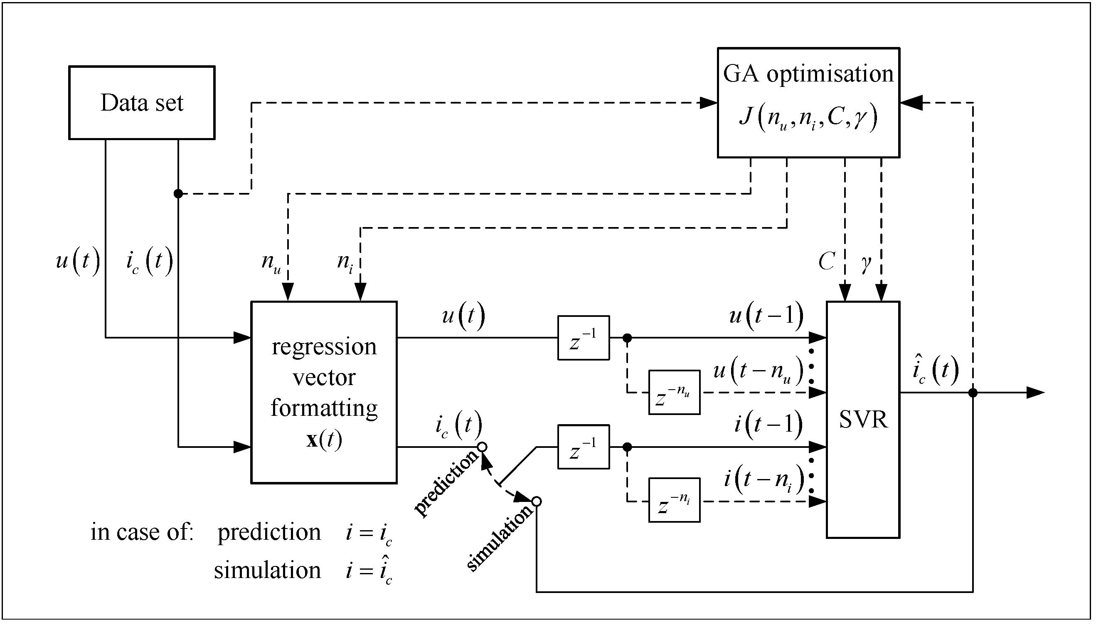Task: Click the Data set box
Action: point(142,103)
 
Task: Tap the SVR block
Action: point(863,420)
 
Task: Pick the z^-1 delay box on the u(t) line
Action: point(583,338)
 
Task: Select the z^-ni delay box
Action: point(674,500)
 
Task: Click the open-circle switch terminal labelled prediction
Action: point(482,447)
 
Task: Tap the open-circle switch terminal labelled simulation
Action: point(536,501)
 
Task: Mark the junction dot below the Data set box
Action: point(178,194)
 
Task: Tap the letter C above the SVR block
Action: point(826,261)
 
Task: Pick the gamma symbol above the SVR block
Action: point(866,263)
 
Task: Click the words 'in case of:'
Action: point(142,532)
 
